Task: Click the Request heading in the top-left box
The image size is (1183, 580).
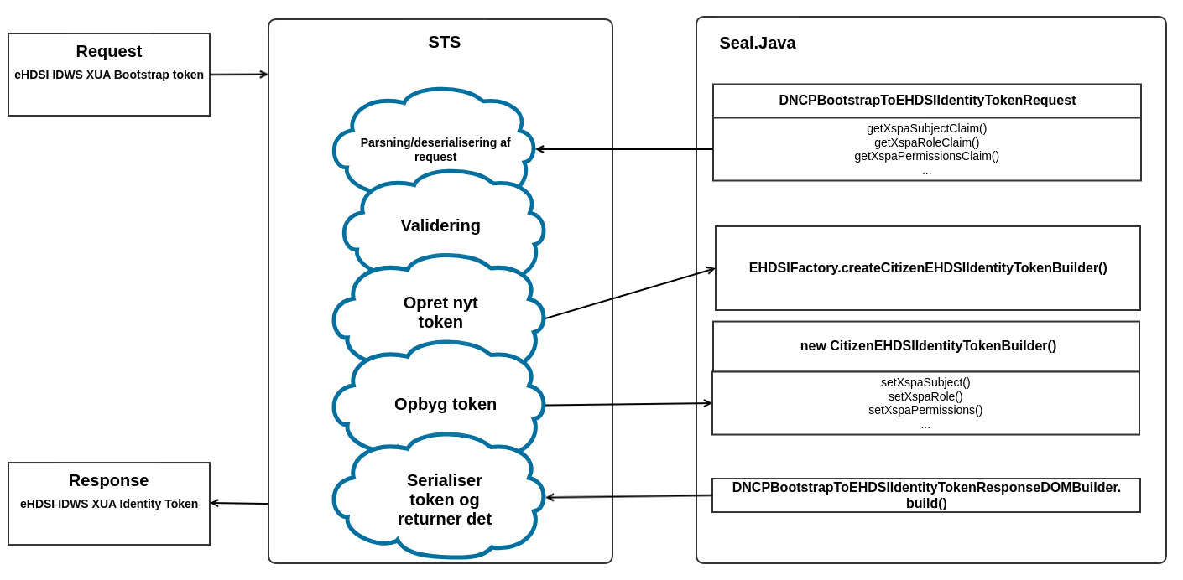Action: pyautogui.click(x=109, y=51)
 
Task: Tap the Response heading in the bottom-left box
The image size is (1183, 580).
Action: pyautogui.click(x=108, y=480)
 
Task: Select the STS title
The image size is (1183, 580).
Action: pyautogui.click(x=444, y=42)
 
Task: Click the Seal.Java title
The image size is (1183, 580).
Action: pyautogui.click(x=757, y=43)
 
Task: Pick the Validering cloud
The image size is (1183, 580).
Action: pyautogui.click(x=440, y=225)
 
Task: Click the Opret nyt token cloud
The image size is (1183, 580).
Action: pyautogui.click(x=440, y=312)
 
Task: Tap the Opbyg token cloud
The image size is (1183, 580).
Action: pyautogui.click(x=445, y=404)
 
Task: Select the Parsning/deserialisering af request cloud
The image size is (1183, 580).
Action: pyautogui.click(x=435, y=149)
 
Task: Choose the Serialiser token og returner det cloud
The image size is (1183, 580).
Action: pyautogui.click(x=444, y=500)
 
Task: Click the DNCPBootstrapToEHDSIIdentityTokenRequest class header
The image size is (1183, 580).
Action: pyautogui.click(x=926, y=101)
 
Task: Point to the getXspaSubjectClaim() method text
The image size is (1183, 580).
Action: pyautogui.click(x=926, y=128)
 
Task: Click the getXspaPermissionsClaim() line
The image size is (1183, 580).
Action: pyautogui.click(x=926, y=156)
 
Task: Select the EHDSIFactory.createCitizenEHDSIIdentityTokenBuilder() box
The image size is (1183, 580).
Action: pyautogui.click(x=927, y=268)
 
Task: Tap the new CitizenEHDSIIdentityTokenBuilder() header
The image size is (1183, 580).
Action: pyautogui.click(x=927, y=346)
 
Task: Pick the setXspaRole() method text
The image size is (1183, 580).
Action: pyautogui.click(x=925, y=396)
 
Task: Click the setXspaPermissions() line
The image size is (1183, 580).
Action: pyautogui.click(x=925, y=410)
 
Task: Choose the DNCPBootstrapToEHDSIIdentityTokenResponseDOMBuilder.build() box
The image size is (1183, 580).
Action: pyautogui.click(x=925, y=495)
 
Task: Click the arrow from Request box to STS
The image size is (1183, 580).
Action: pyautogui.click(x=238, y=75)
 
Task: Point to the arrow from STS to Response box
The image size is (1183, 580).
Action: pyautogui.click(x=239, y=503)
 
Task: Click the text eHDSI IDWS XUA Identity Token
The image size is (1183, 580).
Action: pyautogui.click(x=109, y=504)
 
